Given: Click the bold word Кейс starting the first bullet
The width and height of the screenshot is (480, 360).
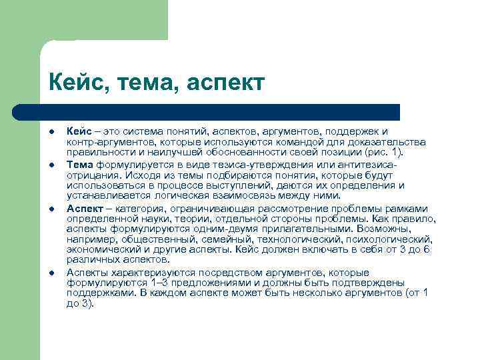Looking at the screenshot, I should click(x=79, y=131).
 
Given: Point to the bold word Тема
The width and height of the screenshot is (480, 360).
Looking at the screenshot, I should click(x=81, y=163).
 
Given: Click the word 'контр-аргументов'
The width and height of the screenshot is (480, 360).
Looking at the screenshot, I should click(x=111, y=141).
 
